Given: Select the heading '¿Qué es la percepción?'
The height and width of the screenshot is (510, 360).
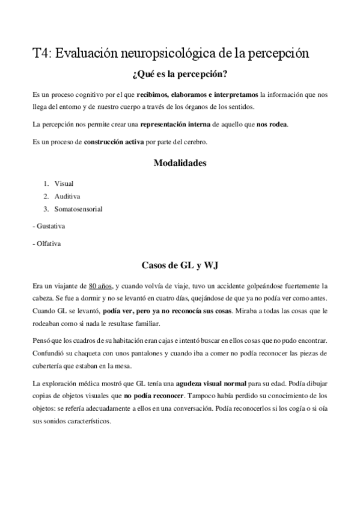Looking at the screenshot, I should coord(180,76).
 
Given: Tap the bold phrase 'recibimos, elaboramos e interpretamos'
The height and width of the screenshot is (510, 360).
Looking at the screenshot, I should coord(198,95).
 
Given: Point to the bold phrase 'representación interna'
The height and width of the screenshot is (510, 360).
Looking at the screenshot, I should coord(175,124).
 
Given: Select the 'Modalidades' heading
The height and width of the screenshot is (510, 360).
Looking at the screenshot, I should coord(180,163).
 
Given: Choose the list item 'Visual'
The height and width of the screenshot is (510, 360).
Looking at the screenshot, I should coord(64,183).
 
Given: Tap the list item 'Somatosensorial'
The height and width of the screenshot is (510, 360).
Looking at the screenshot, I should coord(78,209).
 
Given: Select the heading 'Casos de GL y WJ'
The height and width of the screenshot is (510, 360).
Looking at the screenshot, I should coord(180,265).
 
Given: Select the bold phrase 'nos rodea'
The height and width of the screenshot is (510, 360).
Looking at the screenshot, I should coord(272,124).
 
